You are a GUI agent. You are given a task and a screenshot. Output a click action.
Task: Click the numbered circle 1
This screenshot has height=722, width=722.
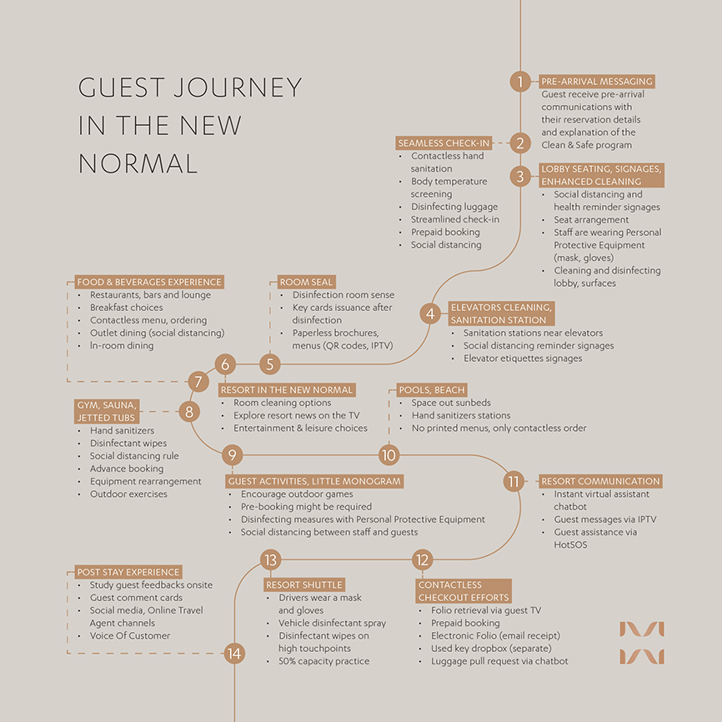pos(520,82)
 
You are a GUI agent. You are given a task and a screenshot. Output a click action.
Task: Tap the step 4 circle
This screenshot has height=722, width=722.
pos(430,313)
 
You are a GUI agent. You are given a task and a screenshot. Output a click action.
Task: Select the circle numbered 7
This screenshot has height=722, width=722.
pos(198,381)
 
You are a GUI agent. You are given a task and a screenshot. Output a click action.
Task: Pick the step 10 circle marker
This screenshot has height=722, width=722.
pos(389,455)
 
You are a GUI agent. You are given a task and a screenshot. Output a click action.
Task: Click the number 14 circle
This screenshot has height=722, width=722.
pos(234,654)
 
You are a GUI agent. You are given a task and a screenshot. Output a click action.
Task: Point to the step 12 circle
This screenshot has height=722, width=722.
pos(422,560)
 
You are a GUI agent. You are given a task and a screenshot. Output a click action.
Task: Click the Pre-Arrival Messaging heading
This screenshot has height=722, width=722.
pos(597,82)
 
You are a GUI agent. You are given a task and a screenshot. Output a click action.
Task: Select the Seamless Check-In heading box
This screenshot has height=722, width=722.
pos(444,143)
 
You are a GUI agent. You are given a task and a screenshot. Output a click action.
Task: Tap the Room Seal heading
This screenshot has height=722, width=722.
pos(306,282)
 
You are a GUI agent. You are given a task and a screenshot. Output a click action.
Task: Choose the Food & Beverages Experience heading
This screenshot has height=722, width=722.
pos(149,282)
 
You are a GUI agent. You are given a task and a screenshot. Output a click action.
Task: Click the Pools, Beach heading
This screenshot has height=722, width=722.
pos(432,390)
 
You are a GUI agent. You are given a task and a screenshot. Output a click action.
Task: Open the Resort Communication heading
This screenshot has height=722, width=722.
pos(600,481)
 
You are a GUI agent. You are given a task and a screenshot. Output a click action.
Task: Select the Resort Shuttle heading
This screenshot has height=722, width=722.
pos(304,584)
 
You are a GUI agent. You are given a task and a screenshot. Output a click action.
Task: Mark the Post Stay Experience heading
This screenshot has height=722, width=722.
pos(128,572)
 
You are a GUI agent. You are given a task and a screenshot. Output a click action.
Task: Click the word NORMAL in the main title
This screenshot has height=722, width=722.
pos(138,163)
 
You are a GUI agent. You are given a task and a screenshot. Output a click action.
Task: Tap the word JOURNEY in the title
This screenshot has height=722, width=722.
pos(238,88)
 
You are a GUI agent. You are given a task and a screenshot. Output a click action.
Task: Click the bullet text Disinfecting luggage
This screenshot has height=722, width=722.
pos(454,207)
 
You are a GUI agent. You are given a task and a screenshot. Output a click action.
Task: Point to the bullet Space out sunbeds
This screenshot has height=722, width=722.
pos(451,403)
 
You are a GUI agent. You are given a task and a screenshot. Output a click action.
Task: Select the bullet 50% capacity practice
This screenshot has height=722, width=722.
pos(324,661)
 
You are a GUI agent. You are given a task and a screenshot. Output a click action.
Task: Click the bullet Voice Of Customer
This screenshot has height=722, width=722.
pos(130,635)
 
